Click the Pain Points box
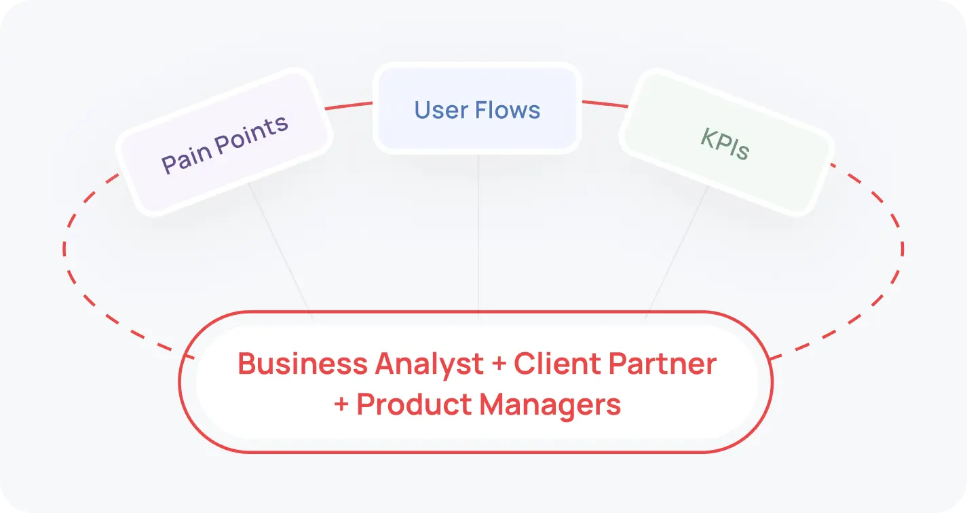coord(224,142)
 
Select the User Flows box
coord(477,109)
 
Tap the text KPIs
coord(725,144)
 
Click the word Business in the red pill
coord(302,364)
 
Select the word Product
coord(414,404)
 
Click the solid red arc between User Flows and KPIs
coord(604,104)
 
